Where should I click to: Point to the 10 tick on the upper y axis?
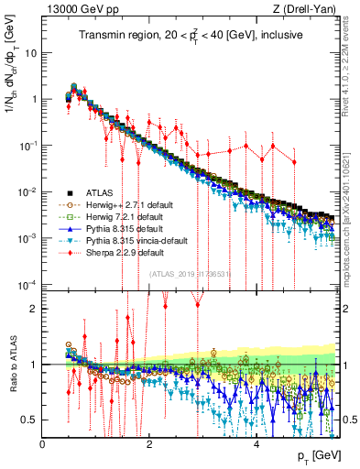point(33,52)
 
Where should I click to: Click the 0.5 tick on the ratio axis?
point(31,420)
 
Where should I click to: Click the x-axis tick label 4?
point(256,444)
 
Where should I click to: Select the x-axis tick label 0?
point(43,444)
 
